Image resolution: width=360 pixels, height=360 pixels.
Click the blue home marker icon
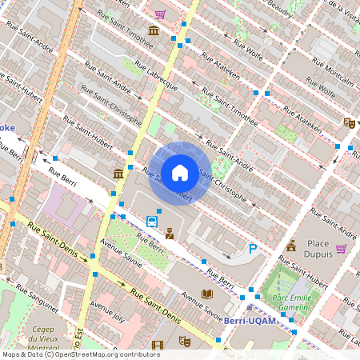pos(180,172)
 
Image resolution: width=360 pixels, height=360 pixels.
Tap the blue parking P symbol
pos(253,249)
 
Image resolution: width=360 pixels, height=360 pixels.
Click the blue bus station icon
pos(152,222)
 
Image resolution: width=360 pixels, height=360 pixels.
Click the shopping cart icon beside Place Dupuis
pos(341,248)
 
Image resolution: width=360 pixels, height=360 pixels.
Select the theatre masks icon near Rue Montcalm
pos(348,122)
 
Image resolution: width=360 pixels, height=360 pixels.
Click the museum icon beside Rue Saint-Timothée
pos(153,31)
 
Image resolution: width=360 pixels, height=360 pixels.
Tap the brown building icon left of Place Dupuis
pos(291,245)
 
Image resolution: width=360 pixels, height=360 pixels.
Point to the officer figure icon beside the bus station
pos(170,234)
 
